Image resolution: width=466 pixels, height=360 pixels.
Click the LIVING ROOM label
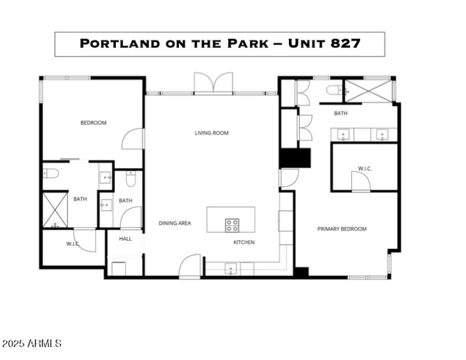[x=211, y=133]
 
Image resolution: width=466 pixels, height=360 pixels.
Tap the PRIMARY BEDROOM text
[x=342, y=229]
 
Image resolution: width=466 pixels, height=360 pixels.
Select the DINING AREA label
[x=175, y=223]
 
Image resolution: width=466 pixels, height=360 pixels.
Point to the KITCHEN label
[x=244, y=242]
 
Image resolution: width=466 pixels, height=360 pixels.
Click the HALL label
[x=125, y=239]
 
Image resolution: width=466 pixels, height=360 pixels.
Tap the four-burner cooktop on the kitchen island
[x=232, y=225]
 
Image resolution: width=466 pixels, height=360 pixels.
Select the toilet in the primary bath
[x=334, y=90]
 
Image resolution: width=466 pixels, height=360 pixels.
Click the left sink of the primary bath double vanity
[x=343, y=135]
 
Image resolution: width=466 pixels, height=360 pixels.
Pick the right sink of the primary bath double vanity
[x=382, y=135]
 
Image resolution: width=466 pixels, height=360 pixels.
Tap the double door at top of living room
[x=213, y=83]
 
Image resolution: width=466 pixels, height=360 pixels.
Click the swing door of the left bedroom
[x=133, y=139]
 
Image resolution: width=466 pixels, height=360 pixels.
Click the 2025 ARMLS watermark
[x=31, y=344]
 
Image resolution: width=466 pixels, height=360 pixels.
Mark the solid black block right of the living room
[x=295, y=158]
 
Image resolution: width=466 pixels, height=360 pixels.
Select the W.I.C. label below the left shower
[x=73, y=243]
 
